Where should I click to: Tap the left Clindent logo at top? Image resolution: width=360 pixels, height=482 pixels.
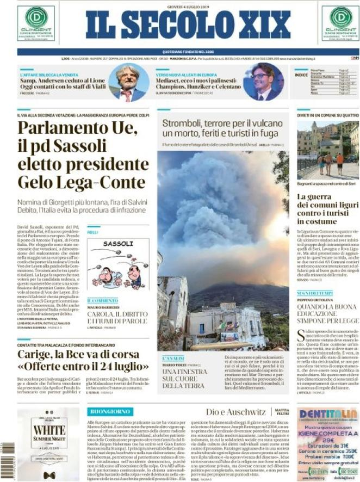point(35,23)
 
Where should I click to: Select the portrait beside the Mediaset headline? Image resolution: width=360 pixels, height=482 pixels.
point(263,82)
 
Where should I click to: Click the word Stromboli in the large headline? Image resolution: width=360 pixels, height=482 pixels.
point(181,123)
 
